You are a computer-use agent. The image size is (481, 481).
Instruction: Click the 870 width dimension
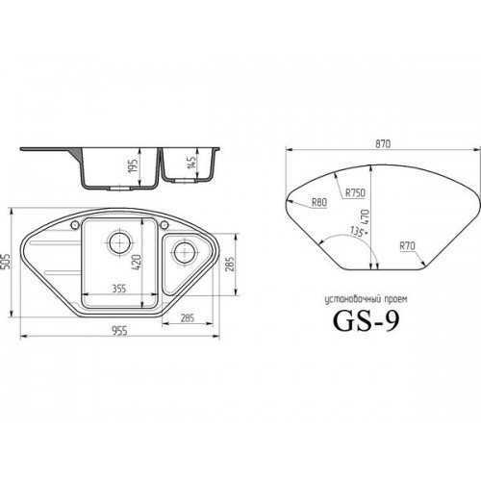pyautogui.click(x=383, y=144)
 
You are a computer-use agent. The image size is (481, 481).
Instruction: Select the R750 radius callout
pyautogui.click(x=355, y=192)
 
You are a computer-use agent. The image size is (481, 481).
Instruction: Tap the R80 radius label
pyautogui.click(x=319, y=202)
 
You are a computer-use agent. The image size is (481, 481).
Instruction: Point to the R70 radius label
pyautogui.click(x=407, y=246)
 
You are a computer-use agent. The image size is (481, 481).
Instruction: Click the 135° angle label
pyautogui.click(x=357, y=231)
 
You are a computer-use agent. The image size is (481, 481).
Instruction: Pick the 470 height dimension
pyautogui.click(x=366, y=217)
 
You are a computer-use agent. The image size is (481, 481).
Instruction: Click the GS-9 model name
pyautogui.click(x=367, y=321)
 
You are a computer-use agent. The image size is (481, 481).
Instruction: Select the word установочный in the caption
pyautogui.click(x=351, y=300)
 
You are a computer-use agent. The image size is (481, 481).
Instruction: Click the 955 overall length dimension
pyautogui.click(x=119, y=331)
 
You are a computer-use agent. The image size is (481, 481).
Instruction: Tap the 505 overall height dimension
pyautogui.click(x=6, y=262)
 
